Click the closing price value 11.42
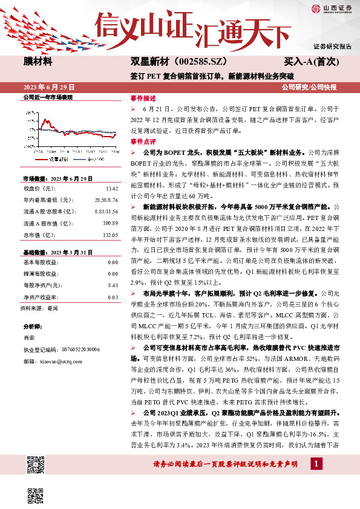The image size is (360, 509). (x=112, y=189)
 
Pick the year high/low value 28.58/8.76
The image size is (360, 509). (x=106, y=200)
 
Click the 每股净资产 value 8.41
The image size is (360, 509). (x=112, y=284)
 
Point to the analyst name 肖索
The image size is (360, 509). (x=28, y=337)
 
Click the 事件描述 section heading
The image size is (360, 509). (x=143, y=98)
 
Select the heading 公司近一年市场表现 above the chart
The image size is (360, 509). (x=47, y=97)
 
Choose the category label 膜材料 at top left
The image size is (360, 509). (x=38, y=62)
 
